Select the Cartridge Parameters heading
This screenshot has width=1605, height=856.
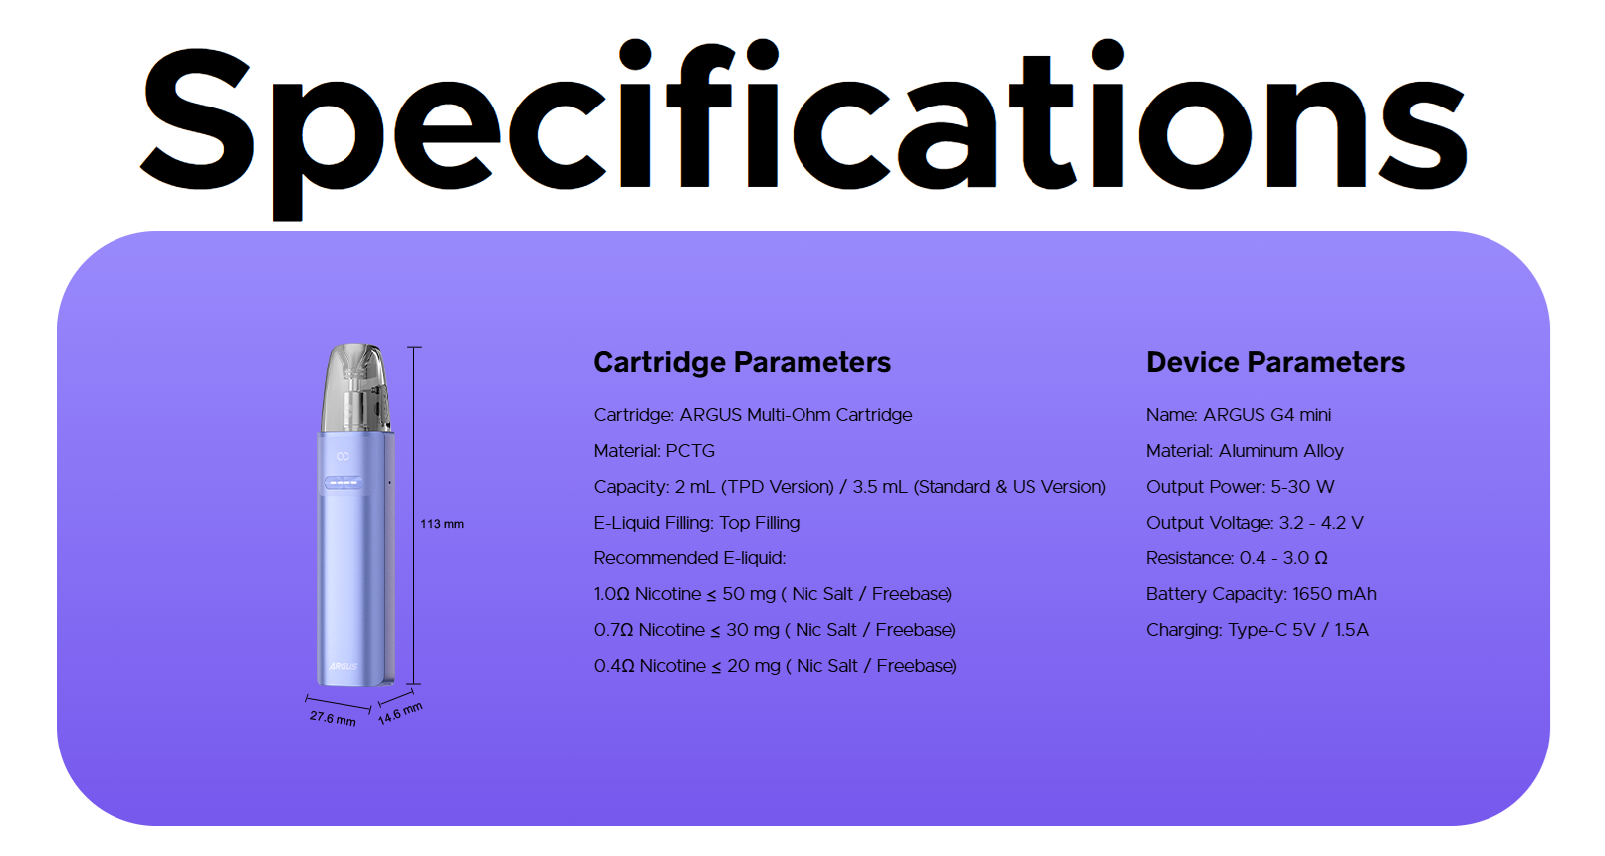click(x=743, y=362)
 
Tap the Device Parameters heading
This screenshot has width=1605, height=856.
click(x=1275, y=362)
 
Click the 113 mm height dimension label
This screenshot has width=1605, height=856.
click(x=442, y=524)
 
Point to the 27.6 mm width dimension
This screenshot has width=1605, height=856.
click(x=333, y=717)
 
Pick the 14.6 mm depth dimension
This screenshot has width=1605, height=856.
click(x=400, y=713)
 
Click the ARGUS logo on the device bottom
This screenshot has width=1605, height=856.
click(x=344, y=666)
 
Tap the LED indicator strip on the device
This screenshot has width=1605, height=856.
click(x=343, y=484)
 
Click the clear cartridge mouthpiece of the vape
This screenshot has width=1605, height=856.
click(x=356, y=388)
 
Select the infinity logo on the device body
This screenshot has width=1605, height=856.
click(x=343, y=456)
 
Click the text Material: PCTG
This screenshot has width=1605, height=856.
click(x=654, y=451)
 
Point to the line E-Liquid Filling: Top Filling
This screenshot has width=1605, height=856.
click(x=696, y=523)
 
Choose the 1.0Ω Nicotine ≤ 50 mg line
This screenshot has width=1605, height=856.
click(x=773, y=594)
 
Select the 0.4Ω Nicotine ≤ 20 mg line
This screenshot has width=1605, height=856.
click(x=776, y=666)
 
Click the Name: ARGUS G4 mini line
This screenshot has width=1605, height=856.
click(x=1239, y=415)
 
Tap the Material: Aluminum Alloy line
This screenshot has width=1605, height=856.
click(x=1245, y=451)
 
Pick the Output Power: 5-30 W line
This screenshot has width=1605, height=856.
click(x=1241, y=487)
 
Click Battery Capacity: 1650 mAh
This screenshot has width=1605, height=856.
click(x=1261, y=594)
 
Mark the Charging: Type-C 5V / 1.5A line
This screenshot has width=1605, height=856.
click(x=1257, y=630)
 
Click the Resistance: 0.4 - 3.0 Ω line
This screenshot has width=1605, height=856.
click(x=1237, y=558)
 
